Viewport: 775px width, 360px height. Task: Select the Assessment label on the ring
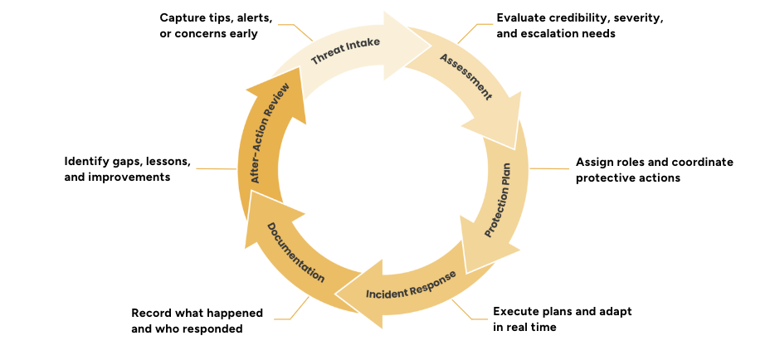pyautogui.click(x=465, y=76)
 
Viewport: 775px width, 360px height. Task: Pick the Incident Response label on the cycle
pyautogui.click(x=411, y=285)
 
